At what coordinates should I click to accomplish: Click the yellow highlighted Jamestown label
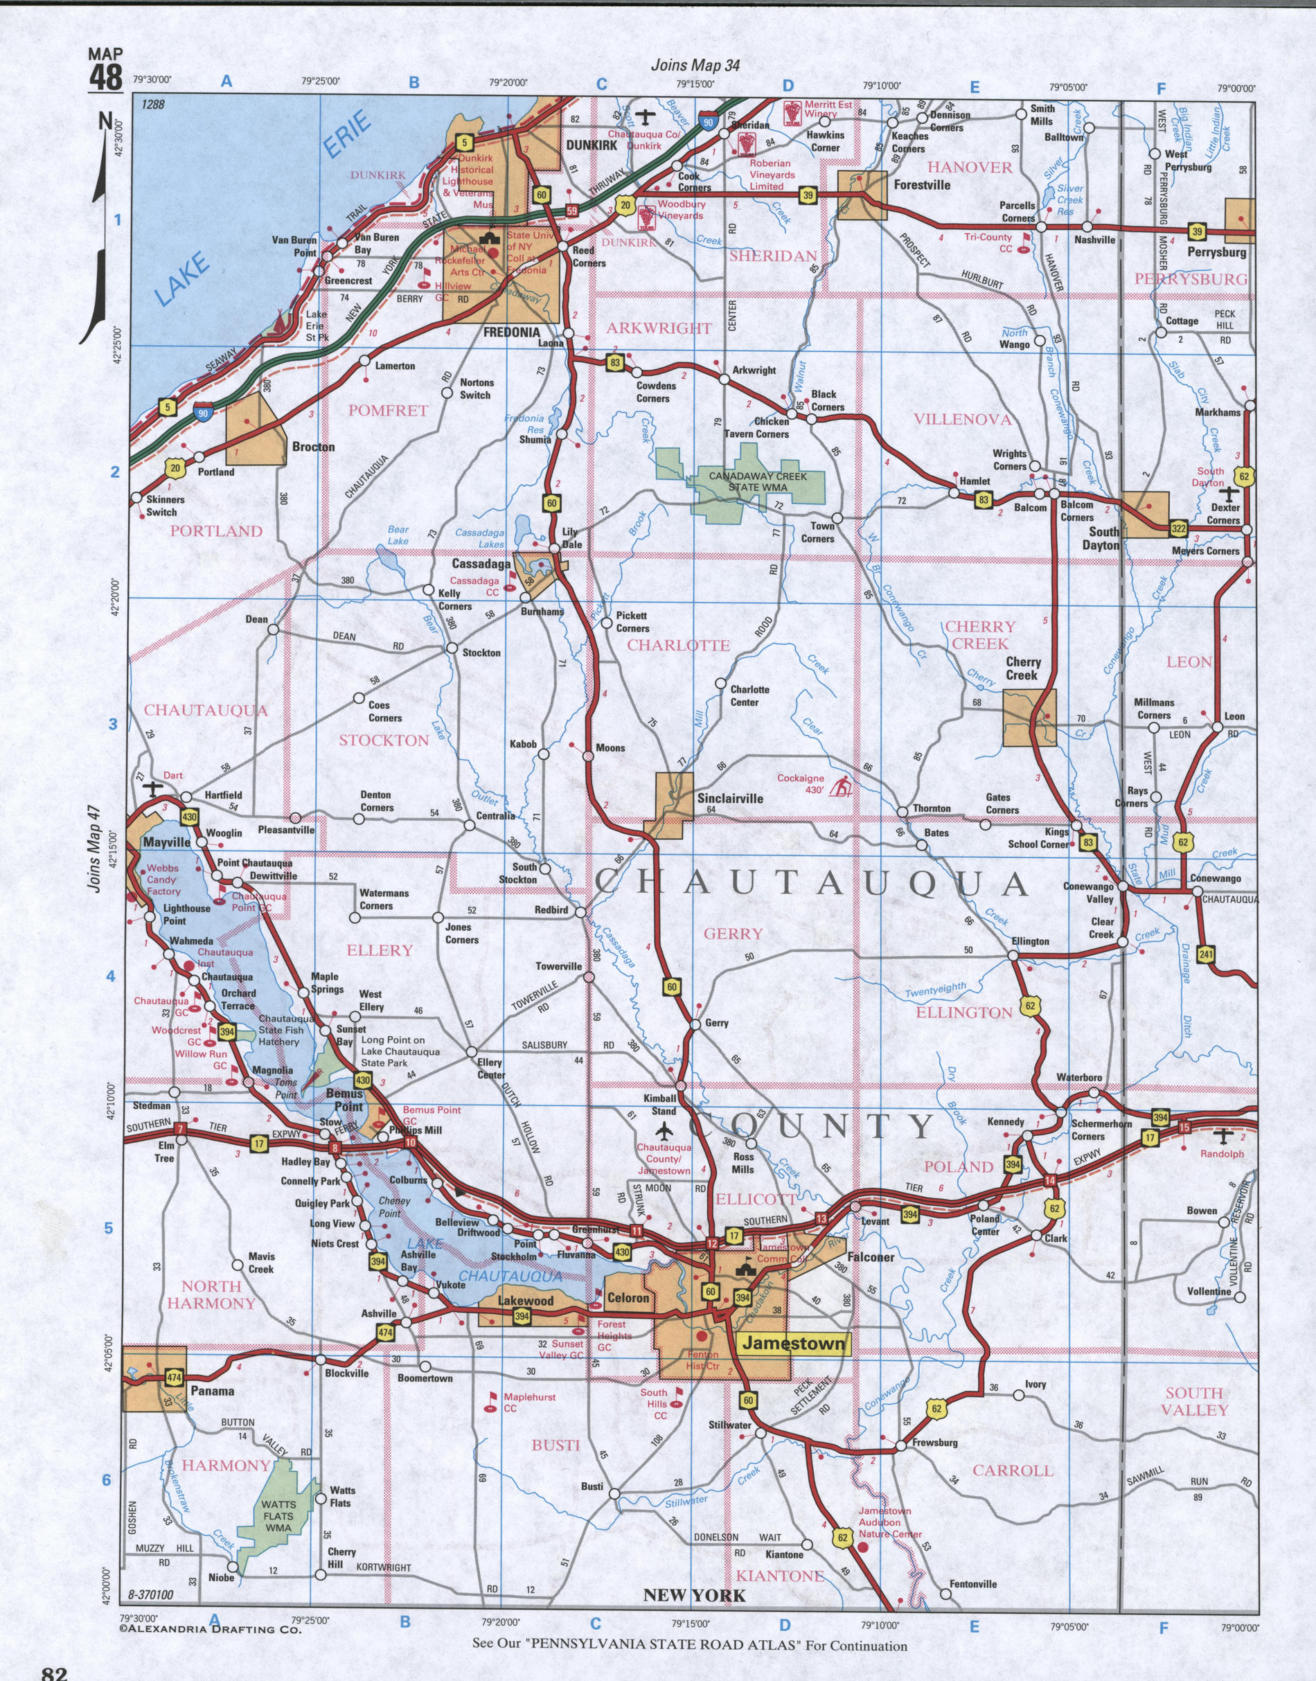coord(793,1344)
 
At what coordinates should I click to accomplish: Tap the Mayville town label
coord(166,842)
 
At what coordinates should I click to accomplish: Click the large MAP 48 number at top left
coord(105,77)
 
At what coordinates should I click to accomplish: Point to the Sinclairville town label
coord(729,798)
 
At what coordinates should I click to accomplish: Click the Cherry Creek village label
coord(1022,668)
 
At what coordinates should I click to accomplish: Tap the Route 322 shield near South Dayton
coord(1178,528)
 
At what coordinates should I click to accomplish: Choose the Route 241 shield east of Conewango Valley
coord(1207,955)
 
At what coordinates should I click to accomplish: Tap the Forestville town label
coord(921,185)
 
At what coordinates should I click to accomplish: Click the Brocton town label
coord(313,447)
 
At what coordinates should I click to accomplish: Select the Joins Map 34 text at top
coord(695,66)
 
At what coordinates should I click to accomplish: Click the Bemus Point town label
coord(344,1100)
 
